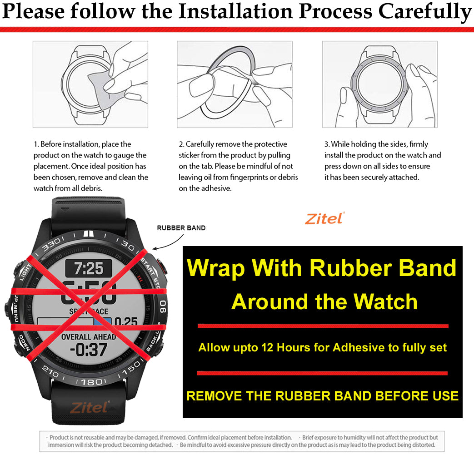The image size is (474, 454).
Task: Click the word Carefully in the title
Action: click(x=425, y=12)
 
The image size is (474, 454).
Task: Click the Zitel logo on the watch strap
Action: click(x=89, y=407)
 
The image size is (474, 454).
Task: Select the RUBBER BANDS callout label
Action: click(x=181, y=228)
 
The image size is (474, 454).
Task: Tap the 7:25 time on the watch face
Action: click(x=89, y=268)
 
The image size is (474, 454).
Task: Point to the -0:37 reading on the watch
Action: click(x=89, y=350)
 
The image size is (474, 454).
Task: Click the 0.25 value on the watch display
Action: click(x=126, y=322)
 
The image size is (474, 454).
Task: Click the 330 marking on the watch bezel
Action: click(x=51, y=243)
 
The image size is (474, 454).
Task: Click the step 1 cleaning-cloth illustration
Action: click(x=90, y=84)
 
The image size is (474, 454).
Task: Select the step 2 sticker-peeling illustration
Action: click(x=235, y=84)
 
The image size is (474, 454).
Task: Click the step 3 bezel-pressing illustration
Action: click(x=380, y=84)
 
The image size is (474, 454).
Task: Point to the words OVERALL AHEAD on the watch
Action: click(x=89, y=337)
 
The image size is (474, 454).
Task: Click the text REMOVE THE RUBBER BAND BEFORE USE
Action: click(x=322, y=395)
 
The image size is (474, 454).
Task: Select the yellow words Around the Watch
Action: click(x=324, y=301)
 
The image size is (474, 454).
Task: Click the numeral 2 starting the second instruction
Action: click(x=180, y=144)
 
